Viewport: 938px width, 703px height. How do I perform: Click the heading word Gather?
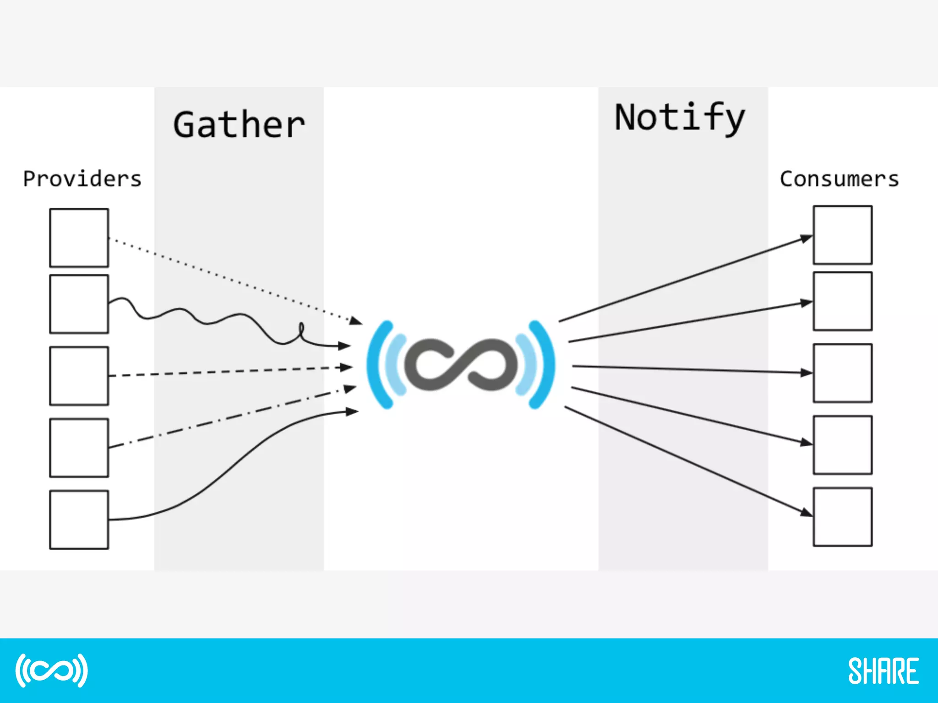tap(239, 124)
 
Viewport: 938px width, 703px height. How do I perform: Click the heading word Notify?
tap(680, 118)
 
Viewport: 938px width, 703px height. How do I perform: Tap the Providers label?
tap(82, 179)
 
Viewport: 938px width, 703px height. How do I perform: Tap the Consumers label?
tap(839, 179)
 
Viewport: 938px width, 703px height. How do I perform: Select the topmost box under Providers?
tap(79, 238)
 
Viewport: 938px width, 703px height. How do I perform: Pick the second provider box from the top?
tap(79, 304)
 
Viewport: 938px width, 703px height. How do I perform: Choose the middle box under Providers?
tap(79, 376)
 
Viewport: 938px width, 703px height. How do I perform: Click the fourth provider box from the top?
tap(79, 448)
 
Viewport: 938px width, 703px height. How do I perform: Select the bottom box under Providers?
tap(79, 519)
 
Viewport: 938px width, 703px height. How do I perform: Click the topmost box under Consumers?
tap(842, 235)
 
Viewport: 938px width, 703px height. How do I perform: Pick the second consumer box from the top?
tap(842, 301)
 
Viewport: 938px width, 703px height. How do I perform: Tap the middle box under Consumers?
tap(842, 373)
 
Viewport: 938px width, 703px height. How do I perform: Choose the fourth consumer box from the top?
tap(842, 445)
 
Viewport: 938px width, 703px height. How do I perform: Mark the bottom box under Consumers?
tap(842, 517)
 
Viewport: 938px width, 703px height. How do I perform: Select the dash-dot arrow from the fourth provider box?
tap(229, 417)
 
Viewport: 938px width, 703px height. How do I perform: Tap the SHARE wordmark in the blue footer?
tap(883, 671)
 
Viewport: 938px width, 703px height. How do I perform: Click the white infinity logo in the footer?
tap(51, 671)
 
